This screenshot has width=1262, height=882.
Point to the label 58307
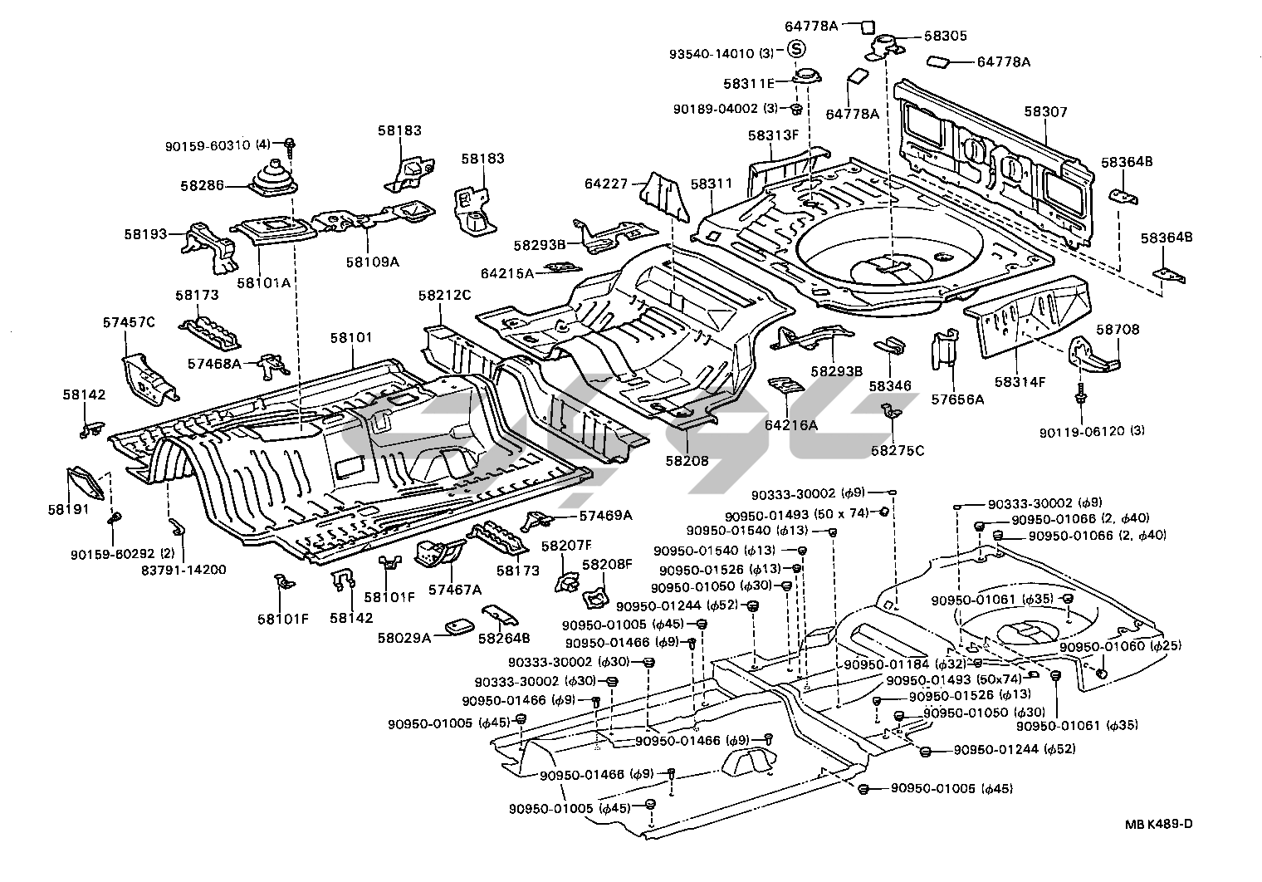pyautogui.click(x=1045, y=112)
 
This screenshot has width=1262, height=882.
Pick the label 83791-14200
pyautogui.click(x=183, y=570)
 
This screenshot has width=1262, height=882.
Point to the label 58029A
pyautogui.click(x=404, y=638)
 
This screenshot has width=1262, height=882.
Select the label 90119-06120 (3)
pyautogui.click(x=1091, y=431)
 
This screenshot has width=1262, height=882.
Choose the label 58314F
pyautogui.click(x=1020, y=381)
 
